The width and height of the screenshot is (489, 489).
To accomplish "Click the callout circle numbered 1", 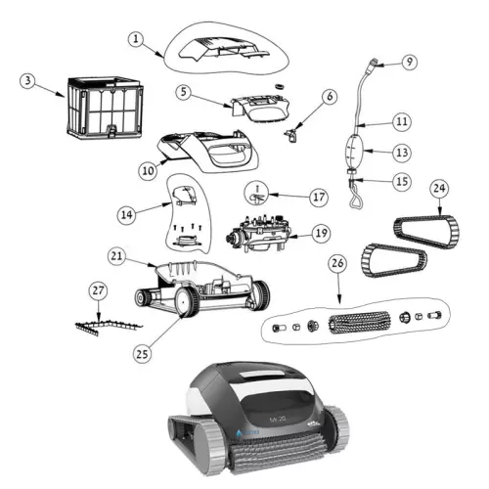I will click(x=137, y=38).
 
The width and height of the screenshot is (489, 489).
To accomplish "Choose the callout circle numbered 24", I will click(x=438, y=186).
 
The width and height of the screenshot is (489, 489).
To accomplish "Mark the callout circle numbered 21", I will click(x=116, y=255).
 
